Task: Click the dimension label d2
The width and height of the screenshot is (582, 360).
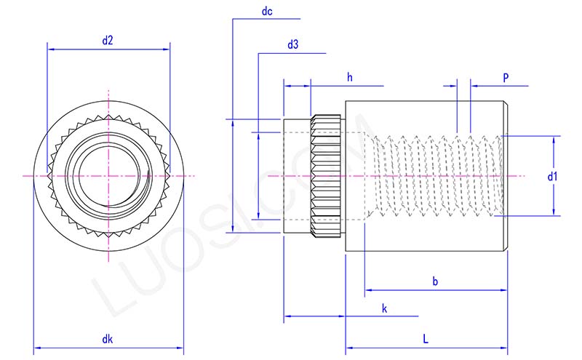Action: tap(108, 41)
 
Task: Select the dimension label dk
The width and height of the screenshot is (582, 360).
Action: tap(108, 339)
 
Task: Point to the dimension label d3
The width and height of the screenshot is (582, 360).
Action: tap(293, 44)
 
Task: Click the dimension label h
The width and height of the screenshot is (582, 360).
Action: tap(349, 77)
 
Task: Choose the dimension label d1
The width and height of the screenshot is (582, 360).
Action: tap(552, 176)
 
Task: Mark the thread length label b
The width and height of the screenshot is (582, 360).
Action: tap(435, 281)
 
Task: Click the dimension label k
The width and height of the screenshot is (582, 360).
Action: tap(384, 308)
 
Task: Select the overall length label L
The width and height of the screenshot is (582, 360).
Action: tap(426, 339)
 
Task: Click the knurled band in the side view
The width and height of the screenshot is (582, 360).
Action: tap(327, 176)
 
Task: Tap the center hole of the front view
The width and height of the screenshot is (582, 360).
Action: tap(108, 175)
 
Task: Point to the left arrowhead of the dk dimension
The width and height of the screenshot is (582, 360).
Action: tap(37, 348)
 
